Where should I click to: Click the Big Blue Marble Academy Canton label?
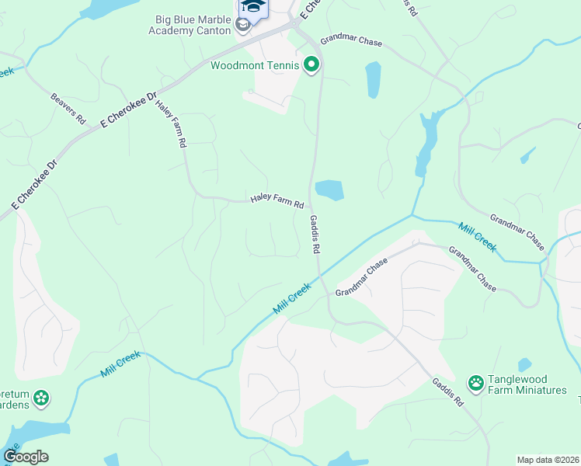(190, 23)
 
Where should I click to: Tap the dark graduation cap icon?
(252, 6)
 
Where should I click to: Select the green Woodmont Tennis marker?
(311, 65)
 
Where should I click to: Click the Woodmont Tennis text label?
(255, 65)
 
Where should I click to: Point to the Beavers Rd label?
(68, 110)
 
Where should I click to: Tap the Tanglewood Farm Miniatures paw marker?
(475, 382)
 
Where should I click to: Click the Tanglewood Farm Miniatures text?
(527, 384)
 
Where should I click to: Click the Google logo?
(26, 457)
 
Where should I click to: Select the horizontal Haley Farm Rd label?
(277, 201)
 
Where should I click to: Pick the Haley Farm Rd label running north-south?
(171, 123)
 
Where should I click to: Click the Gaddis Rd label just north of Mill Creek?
(315, 235)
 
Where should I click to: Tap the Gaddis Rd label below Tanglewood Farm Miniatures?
(448, 392)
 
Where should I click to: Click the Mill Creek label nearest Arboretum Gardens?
(120, 363)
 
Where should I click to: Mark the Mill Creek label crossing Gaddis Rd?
(292, 298)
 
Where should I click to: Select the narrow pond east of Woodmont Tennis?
(374, 79)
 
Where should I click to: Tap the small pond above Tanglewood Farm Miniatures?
(525, 364)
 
